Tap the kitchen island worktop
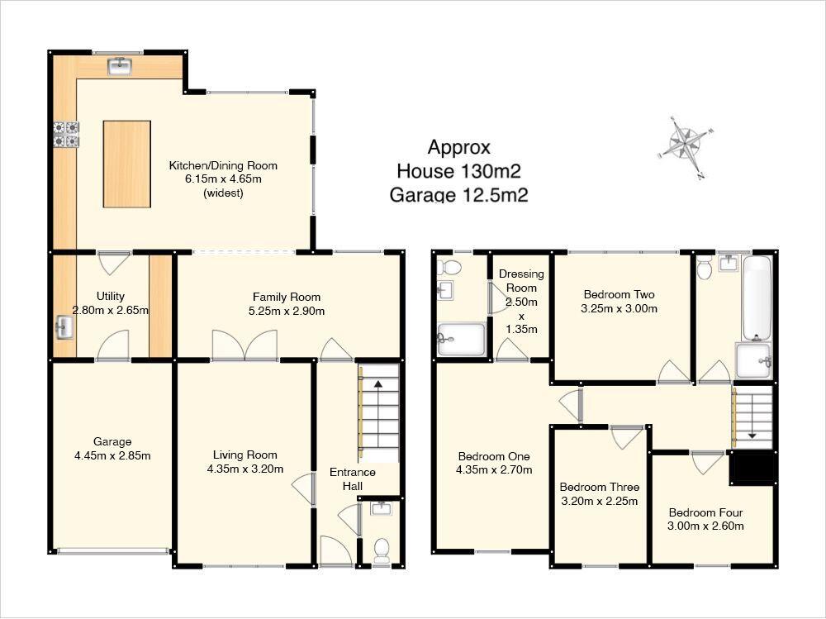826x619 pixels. pos(127,164)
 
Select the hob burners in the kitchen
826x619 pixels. pos(66,135)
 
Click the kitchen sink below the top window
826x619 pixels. pos(120,66)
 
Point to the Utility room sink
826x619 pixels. pos(64,327)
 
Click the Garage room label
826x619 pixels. pos(112,442)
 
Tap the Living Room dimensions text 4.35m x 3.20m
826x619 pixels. pos(245,469)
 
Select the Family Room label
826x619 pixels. pos(287,297)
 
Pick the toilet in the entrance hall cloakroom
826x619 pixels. pos(381,550)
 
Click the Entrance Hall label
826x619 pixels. pos(353,479)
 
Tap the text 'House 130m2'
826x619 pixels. pos(458,171)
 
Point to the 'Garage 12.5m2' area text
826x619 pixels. pos(458,195)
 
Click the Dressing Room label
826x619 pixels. pos(521,280)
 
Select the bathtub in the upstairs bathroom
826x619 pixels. pos(757,298)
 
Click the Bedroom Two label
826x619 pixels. pos(619,295)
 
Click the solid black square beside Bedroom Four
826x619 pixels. pos(752,468)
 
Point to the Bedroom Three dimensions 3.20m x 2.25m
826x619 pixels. pos(600,501)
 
